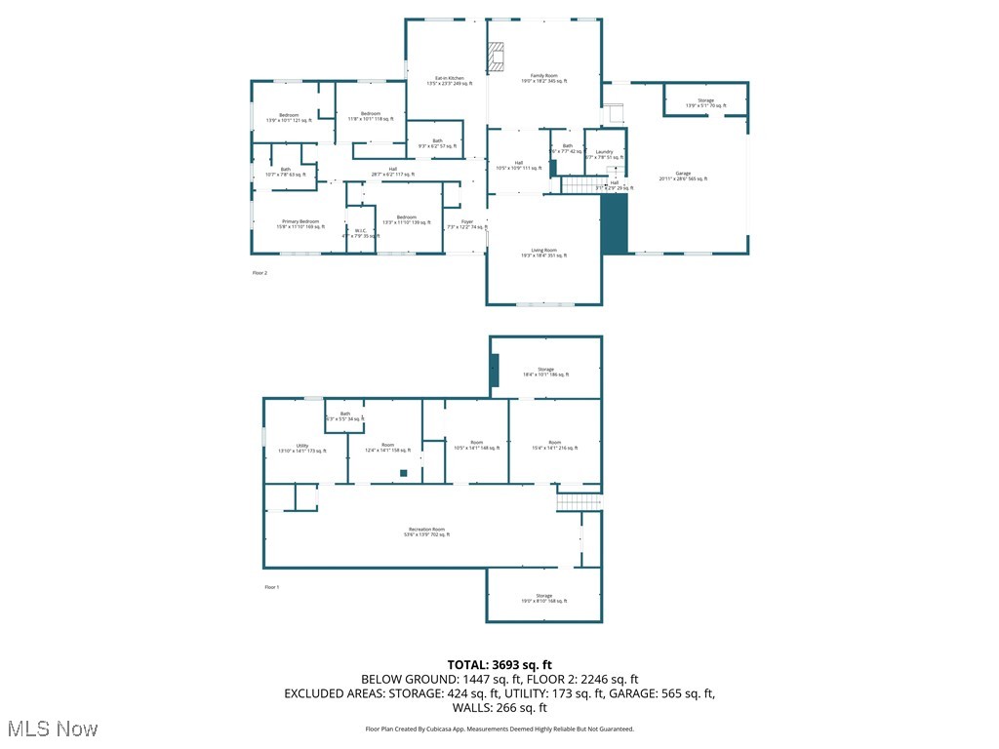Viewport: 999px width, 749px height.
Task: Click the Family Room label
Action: tap(543, 79)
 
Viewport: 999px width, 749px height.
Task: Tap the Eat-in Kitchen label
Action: tap(449, 81)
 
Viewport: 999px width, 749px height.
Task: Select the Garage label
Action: tap(683, 176)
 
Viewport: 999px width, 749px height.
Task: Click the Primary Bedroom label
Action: tap(300, 223)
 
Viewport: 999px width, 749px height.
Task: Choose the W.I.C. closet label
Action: tap(360, 233)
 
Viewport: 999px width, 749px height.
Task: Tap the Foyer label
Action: tap(467, 223)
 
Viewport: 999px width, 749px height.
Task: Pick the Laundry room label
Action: tap(604, 154)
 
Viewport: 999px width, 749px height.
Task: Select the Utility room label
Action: tap(302, 448)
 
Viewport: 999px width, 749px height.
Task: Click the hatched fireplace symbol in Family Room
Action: tap(498, 56)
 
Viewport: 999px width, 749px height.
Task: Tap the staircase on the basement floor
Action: tap(579, 501)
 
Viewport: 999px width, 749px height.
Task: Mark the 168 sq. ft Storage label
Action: tap(543, 598)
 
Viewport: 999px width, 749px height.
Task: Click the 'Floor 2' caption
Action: tap(260, 273)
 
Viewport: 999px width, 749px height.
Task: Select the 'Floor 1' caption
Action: tap(272, 587)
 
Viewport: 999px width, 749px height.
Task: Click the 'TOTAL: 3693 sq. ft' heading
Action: tap(499, 665)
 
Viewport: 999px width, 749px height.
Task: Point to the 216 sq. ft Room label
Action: tap(554, 446)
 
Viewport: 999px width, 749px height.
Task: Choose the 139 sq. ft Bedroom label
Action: tap(406, 219)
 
